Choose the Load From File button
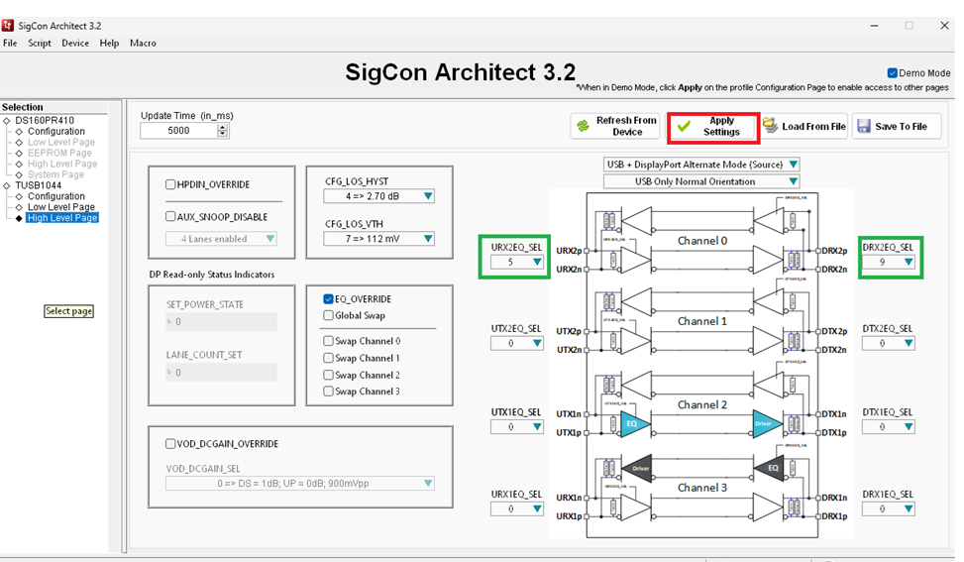(x=804, y=127)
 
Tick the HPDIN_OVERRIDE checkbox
(x=171, y=184)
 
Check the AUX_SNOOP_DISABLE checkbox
(x=171, y=216)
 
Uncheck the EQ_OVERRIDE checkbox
(x=329, y=299)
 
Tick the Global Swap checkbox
(x=329, y=315)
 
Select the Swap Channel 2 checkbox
(x=329, y=375)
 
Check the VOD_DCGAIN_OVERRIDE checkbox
(x=171, y=444)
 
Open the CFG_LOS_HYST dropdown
(x=379, y=196)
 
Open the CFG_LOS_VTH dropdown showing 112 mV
(x=379, y=239)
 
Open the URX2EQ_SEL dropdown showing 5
(x=517, y=263)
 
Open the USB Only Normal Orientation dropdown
(x=701, y=181)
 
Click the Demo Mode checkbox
(x=893, y=73)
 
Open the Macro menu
(x=143, y=44)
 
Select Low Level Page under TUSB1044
(x=60, y=207)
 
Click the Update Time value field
(x=178, y=131)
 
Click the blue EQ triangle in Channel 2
(x=635, y=423)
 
